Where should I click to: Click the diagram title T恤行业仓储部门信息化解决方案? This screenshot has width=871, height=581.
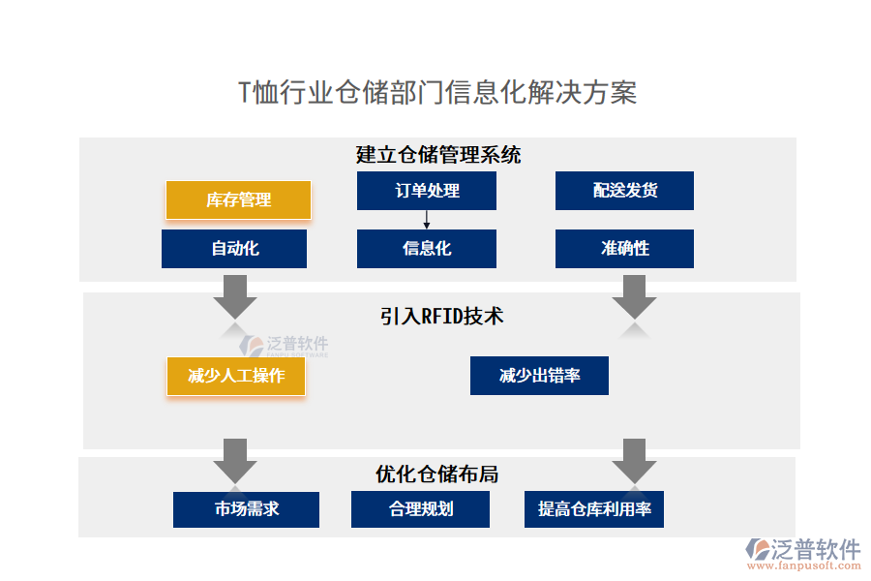tap(436, 93)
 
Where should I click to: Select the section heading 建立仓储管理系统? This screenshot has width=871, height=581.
tap(438, 154)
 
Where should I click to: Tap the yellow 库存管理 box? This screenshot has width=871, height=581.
tap(238, 200)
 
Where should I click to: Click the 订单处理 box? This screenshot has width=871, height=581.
tap(426, 191)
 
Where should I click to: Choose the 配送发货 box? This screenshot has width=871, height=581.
tap(624, 191)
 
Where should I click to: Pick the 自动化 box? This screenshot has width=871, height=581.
tap(234, 249)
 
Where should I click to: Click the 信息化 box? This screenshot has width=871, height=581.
tap(426, 249)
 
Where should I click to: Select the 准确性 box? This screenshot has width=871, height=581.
tap(624, 249)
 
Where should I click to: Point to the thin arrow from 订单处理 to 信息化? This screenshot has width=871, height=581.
tap(426, 220)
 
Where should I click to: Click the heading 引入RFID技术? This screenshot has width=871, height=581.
tap(441, 316)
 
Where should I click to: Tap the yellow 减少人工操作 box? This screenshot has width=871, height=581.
tap(236, 376)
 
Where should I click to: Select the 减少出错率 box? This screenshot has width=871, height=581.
tap(539, 376)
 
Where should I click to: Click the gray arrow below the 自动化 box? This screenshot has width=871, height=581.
tap(234, 296)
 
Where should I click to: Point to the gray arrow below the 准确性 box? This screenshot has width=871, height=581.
tap(634, 296)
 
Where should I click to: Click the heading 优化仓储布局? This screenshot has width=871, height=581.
tap(437, 474)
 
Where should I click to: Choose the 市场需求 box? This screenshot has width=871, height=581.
tap(246, 509)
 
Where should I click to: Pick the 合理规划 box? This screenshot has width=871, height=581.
tap(420, 509)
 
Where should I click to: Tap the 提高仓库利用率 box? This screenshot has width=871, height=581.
tap(594, 509)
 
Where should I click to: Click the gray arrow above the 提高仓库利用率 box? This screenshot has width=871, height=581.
tap(634, 460)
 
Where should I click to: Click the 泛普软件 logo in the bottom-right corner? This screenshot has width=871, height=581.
tap(802, 553)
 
